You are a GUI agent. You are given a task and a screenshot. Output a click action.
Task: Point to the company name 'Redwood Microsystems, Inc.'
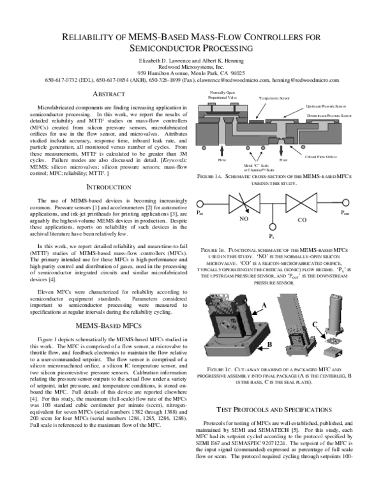[x=191, y=66]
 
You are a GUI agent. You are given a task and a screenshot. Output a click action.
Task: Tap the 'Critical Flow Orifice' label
[x=320, y=156]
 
